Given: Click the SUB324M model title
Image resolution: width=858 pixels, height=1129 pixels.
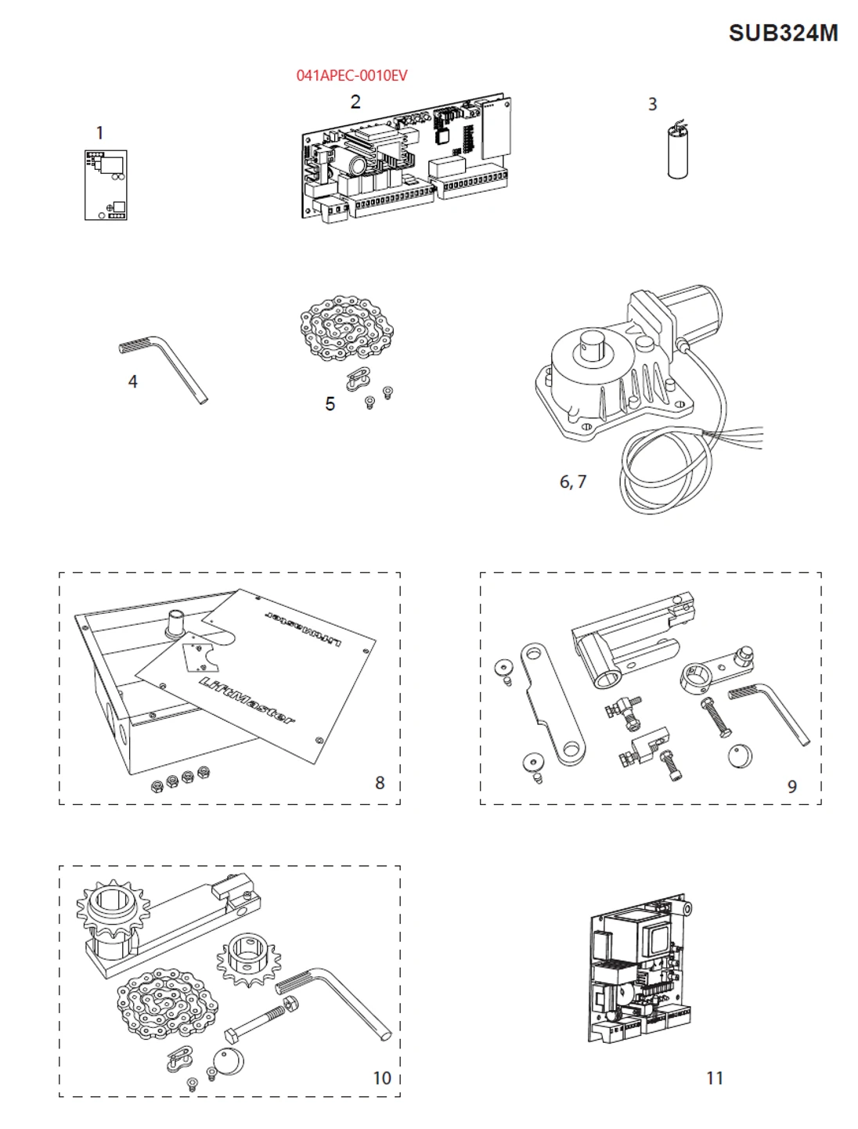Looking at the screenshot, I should pos(783,33).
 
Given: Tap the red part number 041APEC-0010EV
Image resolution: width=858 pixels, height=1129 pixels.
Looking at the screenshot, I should pos(351,75).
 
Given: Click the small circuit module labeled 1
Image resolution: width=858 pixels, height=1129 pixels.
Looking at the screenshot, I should pos(106,185).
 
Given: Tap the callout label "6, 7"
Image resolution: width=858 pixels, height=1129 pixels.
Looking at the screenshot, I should pos(572,482).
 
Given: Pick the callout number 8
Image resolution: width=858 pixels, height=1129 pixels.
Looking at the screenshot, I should pos(380,782).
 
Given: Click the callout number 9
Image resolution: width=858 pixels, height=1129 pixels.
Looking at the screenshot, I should pos(791,786).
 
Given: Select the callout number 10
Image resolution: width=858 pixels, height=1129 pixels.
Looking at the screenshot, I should pos(381,1078).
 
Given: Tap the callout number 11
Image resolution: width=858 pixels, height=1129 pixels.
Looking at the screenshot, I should pos(714,1078).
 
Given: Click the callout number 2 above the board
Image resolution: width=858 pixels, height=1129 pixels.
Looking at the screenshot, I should pos(355,102).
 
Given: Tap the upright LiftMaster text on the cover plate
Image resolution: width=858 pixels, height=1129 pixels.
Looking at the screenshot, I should pos(247,702).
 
